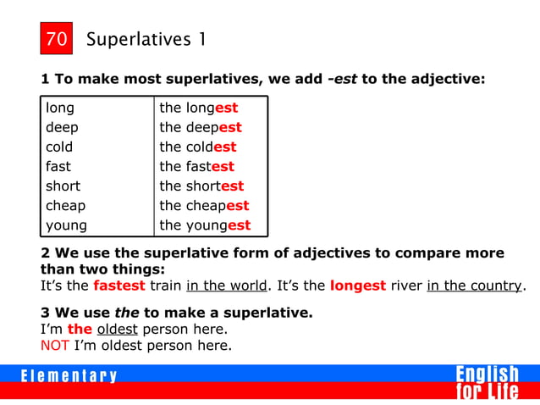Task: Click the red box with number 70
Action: [x=57, y=39]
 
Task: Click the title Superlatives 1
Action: [x=146, y=40]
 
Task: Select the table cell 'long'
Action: [x=60, y=108]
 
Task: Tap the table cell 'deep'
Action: [x=62, y=127]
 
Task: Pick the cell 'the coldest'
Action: [x=198, y=147]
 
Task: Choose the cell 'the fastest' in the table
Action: [x=196, y=166]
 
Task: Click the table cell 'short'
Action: [x=63, y=186]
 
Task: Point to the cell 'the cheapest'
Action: [x=204, y=205]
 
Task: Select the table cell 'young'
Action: [x=66, y=225]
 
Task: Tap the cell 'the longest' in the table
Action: [x=199, y=108]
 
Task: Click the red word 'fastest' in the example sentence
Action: [x=119, y=285]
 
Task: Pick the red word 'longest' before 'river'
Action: [x=358, y=285]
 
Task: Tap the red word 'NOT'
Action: [x=56, y=345]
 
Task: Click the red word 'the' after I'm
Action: [x=80, y=329]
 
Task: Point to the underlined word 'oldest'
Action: [x=118, y=329]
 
